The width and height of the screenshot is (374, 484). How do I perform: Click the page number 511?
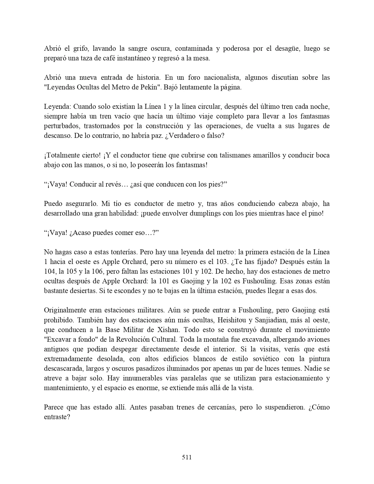(187, 457)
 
